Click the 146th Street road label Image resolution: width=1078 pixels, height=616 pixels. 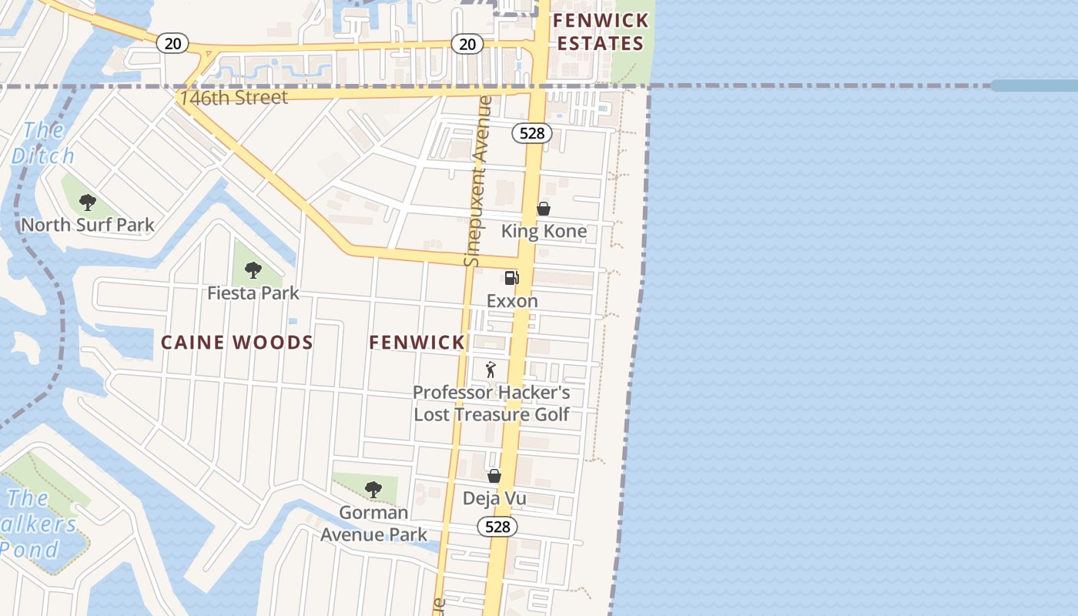click(233, 98)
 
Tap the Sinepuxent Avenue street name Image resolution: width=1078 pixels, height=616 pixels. click(478, 181)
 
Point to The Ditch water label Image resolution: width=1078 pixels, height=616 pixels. click(43, 143)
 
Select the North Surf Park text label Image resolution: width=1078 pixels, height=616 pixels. click(87, 225)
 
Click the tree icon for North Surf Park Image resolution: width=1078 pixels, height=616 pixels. click(88, 203)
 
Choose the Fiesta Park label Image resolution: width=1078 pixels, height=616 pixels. click(253, 293)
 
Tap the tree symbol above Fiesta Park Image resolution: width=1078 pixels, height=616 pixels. click(253, 270)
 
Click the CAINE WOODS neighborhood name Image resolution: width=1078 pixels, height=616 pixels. click(236, 343)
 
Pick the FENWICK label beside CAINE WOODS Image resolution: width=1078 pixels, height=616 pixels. click(417, 343)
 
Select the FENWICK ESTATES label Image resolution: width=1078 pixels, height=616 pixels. click(601, 32)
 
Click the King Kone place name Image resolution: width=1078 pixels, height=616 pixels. click(544, 231)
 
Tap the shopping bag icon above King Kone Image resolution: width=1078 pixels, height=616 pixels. click(544, 209)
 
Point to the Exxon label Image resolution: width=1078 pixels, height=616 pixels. click(512, 301)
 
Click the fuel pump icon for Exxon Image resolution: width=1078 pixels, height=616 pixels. click(511, 278)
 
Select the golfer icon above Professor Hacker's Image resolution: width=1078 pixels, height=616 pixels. click(490, 370)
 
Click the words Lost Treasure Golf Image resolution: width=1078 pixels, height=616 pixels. click(491, 414)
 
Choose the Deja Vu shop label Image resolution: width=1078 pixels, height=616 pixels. click(494, 498)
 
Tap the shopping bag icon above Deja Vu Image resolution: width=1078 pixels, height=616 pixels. click(494, 476)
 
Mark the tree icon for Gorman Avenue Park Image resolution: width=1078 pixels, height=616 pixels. click(373, 489)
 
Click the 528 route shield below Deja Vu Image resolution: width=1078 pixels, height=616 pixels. click(497, 527)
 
